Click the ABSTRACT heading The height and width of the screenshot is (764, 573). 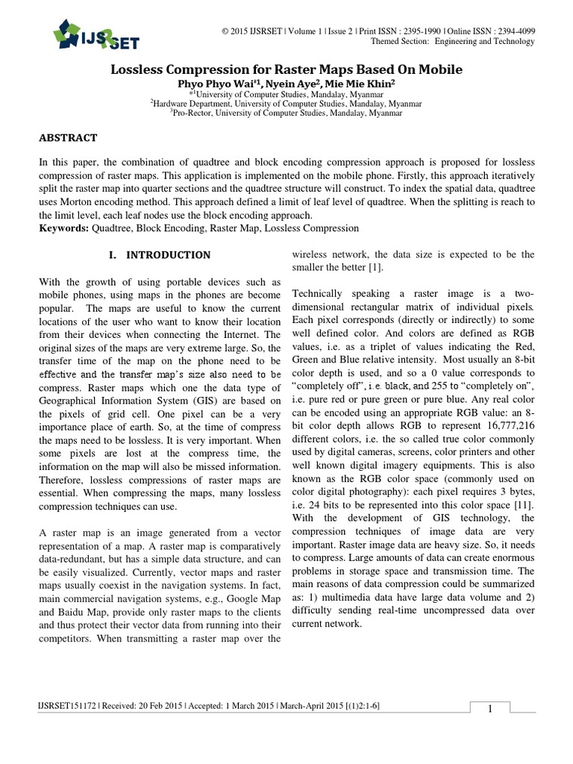tap(67, 138)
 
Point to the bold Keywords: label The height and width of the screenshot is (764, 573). tap(63, 228)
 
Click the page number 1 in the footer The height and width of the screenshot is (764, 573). tap(489, 710)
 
